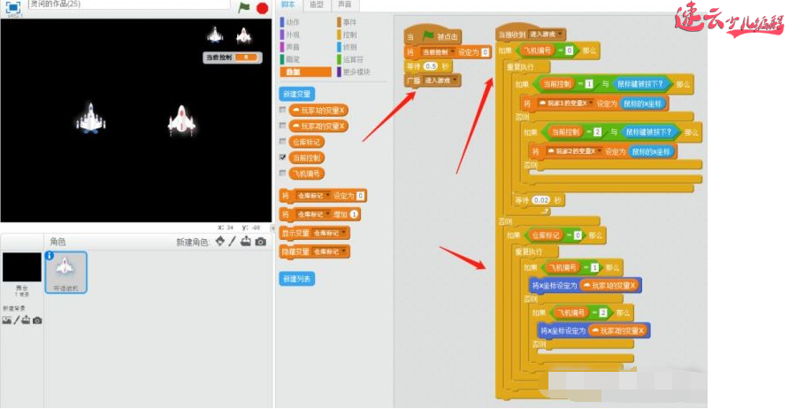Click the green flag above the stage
(244, 8)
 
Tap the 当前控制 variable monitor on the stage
(231, 57)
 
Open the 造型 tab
(316, 5)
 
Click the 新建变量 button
(296, 94)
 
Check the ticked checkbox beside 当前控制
(283, 157)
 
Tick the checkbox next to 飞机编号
(283, 173)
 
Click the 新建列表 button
(296, 278)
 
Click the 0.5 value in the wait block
(432, 66)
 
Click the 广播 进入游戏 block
(433, 80)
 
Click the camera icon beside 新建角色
(260, 242)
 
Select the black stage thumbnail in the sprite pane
(21, 269)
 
